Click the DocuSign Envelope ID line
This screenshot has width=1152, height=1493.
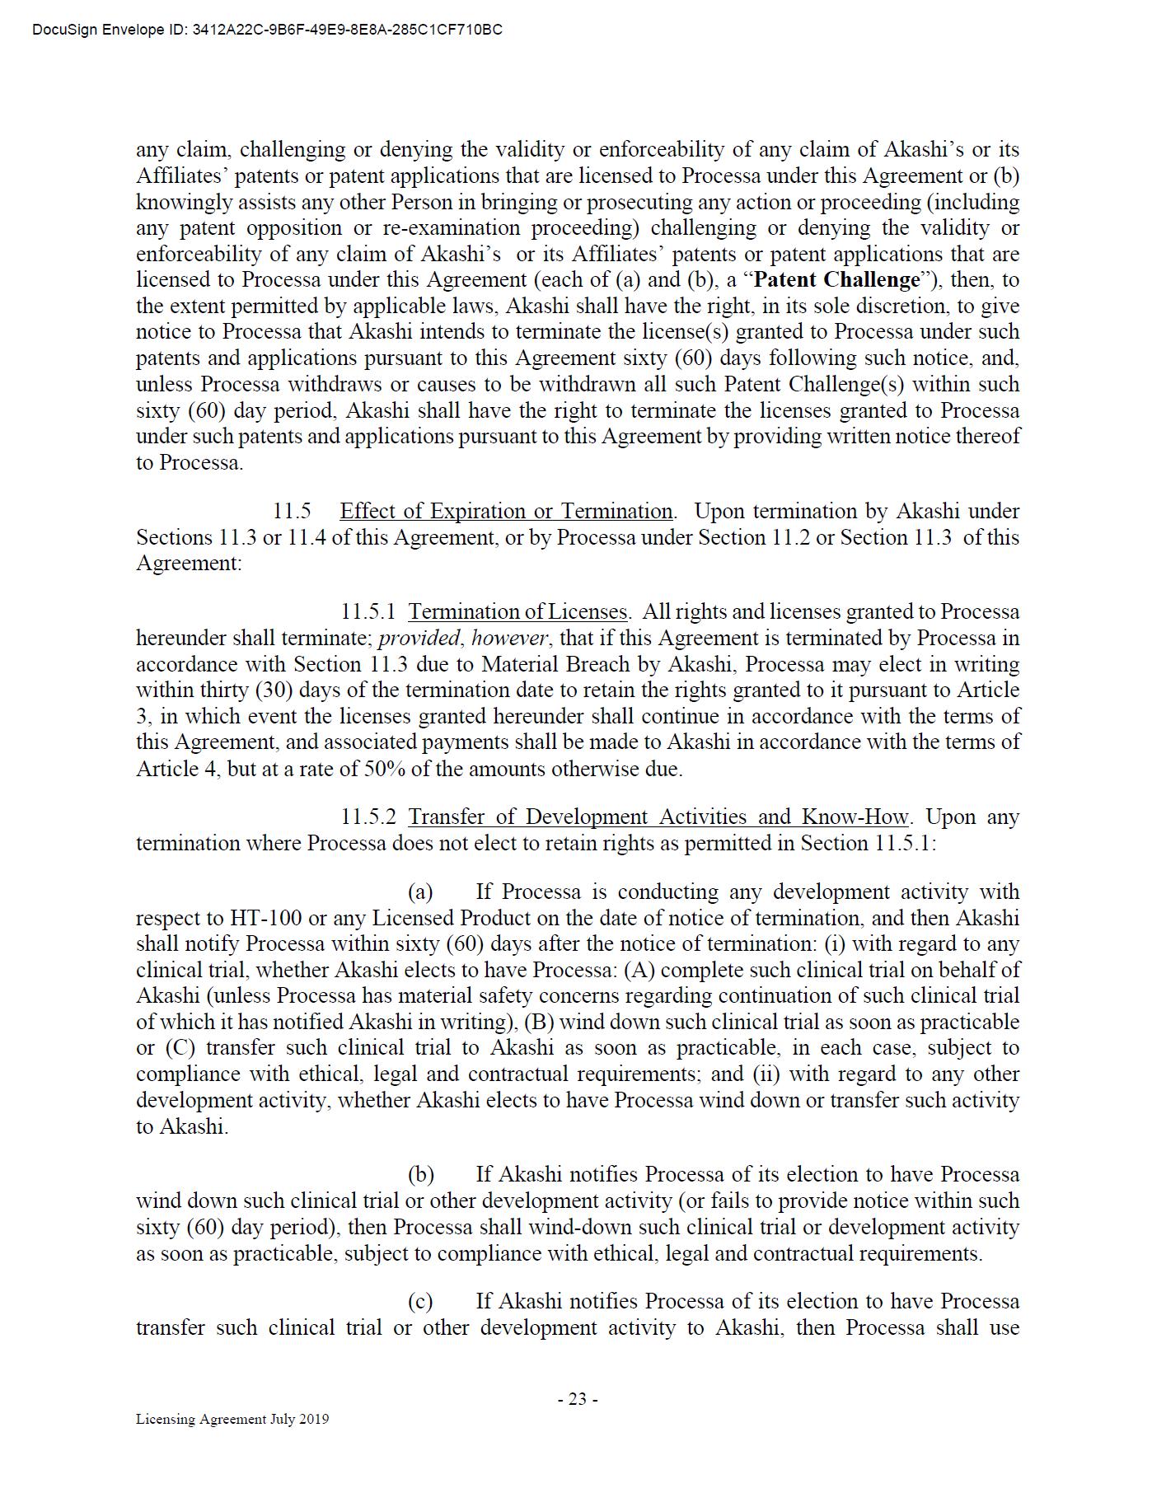tap(267, 30)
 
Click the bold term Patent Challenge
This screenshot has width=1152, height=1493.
tap(836, 280)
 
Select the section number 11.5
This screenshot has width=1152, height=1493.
tap(292, 512)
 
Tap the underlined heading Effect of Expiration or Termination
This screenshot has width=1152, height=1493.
tap(506, 512)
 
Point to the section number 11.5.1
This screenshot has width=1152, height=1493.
tap(368, 612)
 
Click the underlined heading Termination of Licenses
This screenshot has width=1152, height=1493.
tap(517, 612)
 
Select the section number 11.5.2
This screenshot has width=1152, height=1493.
tap(368, 817)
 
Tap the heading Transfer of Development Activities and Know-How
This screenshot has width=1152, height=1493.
tap(658, 817)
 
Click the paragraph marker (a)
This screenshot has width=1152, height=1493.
tap(420, 892)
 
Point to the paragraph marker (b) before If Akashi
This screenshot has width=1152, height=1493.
tap(420, 1175)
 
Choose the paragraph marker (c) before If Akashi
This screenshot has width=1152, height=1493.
tap(420, 1302)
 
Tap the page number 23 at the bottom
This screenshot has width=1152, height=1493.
tap(577, 1399)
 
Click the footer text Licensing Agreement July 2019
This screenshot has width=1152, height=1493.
tap(232, 1419)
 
